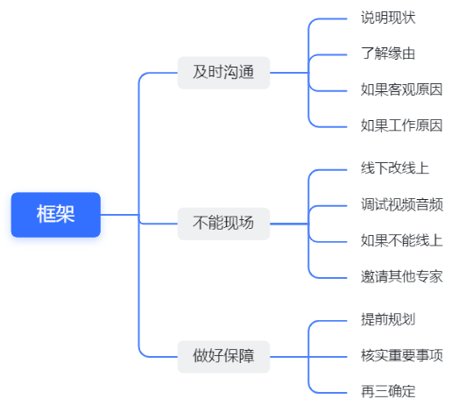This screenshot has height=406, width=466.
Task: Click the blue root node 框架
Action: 56,215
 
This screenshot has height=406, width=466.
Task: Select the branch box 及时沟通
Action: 223,73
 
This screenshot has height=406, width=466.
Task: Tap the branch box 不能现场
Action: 223,224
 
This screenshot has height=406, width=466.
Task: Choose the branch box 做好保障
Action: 223,357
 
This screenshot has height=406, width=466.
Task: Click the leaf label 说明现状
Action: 388,18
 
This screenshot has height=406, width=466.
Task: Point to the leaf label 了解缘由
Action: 388,53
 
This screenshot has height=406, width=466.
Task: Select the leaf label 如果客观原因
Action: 401,89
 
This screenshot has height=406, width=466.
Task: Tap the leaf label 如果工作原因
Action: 401,125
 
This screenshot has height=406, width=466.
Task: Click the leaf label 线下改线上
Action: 395,168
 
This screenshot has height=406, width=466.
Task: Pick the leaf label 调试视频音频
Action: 402,205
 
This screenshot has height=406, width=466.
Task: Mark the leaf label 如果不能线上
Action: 401,241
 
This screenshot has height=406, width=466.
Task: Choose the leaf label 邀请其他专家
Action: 401,277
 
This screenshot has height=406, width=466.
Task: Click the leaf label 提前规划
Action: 388,320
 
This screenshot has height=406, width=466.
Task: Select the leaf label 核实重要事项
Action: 401,356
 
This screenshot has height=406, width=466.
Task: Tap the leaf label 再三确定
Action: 388,392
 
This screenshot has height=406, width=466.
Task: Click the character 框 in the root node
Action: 46,214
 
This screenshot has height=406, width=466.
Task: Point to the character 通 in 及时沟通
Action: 246,73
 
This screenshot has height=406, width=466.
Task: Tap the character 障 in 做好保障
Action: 246,357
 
